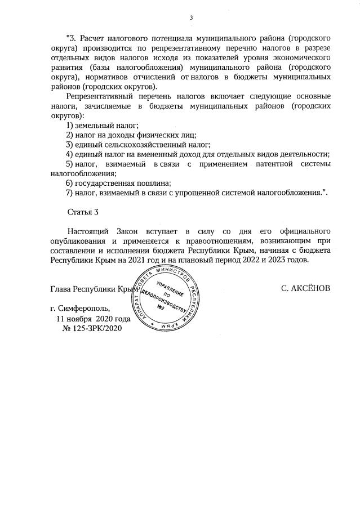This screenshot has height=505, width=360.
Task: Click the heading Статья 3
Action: (83, 212)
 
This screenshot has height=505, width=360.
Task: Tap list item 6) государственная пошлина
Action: (118, 183)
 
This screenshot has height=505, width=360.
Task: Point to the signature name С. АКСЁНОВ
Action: (305, 288)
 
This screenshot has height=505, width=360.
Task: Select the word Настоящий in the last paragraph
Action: (88, 231)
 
